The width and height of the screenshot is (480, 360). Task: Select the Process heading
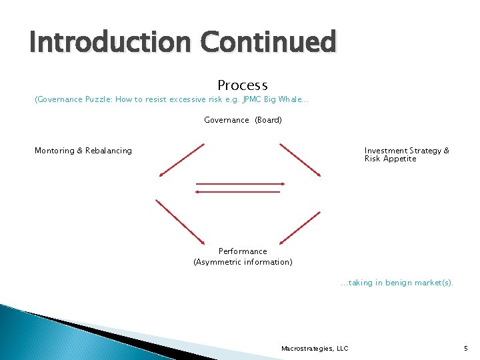(242, 85)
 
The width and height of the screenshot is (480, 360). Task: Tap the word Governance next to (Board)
(226, 120)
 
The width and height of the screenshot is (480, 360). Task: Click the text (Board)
(268, 120)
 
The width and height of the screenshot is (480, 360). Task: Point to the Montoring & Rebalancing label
(83, 151)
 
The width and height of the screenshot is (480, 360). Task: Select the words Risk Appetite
(390, 159)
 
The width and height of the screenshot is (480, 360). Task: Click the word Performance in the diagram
(243, 251)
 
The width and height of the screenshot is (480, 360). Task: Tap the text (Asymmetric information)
(243, 262)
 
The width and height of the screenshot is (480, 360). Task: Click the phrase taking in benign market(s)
(399, 283)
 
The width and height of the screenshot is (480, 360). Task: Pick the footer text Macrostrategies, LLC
(315, 348)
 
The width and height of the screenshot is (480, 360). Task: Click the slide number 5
(465, 348)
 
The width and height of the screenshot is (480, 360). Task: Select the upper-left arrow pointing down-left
(181, 160)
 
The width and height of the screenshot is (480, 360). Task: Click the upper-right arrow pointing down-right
(300, 160)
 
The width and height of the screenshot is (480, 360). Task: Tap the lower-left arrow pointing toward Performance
(180, 221)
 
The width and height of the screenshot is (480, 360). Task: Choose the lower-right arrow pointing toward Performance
(300, 227)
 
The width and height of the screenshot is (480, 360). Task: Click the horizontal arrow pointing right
(240, 183)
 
